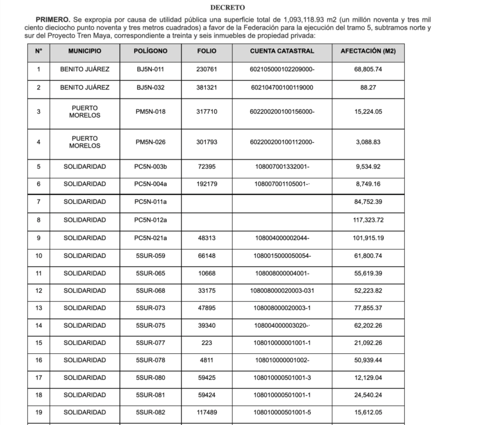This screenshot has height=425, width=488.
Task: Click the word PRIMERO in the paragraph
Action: (x=53, y=21)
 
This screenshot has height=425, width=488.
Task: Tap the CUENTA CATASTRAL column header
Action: (x=282, y=50)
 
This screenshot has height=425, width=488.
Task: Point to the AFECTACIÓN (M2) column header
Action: (x=368, y=50)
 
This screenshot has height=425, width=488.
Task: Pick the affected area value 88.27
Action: (x=368, y=87)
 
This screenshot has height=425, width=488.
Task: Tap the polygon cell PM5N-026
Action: (x=151, y=142)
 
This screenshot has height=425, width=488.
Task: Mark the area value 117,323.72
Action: (x=368, y=220)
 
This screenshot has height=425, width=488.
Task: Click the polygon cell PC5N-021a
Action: (x=151, y=238)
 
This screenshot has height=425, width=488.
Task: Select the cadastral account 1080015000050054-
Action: (x=282, y=255)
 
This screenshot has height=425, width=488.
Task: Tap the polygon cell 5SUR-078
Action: (x=151, y=360)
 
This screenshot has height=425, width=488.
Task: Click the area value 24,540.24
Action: (x=368, y=395)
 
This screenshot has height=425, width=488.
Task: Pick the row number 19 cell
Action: (x=39, y=412)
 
